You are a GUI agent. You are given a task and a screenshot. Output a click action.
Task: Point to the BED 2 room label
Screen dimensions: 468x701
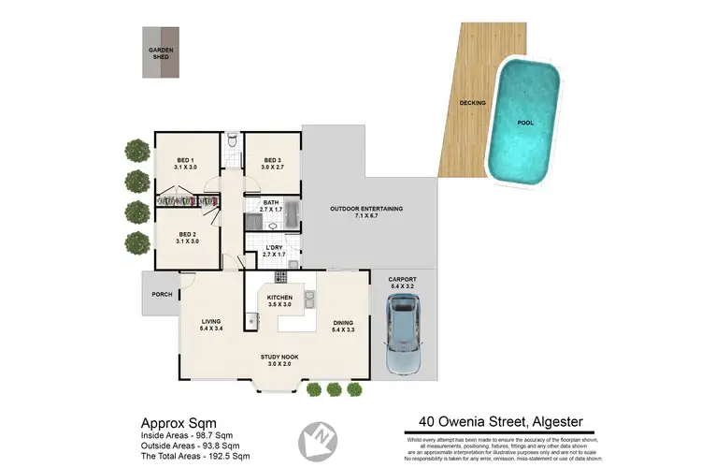(188, 237)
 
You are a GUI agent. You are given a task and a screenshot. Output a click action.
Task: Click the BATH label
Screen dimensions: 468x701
(271, 206)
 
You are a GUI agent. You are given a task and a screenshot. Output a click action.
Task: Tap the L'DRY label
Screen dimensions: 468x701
(272, 250)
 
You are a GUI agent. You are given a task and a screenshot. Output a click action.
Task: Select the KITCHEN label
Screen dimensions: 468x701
(280, 300)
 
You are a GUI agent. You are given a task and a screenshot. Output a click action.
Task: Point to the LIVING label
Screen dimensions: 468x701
(209, 325)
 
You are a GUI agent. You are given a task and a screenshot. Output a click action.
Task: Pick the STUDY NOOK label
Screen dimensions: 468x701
(279, 359)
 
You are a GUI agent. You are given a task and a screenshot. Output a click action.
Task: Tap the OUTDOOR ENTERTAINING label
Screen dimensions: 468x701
(365, 212)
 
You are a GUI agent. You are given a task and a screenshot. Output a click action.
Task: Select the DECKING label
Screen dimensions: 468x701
(471, 103)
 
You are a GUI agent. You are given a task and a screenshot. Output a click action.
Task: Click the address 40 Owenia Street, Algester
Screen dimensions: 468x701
(500, 421)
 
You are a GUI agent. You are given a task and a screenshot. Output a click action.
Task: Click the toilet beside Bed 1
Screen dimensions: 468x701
(231, 143)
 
